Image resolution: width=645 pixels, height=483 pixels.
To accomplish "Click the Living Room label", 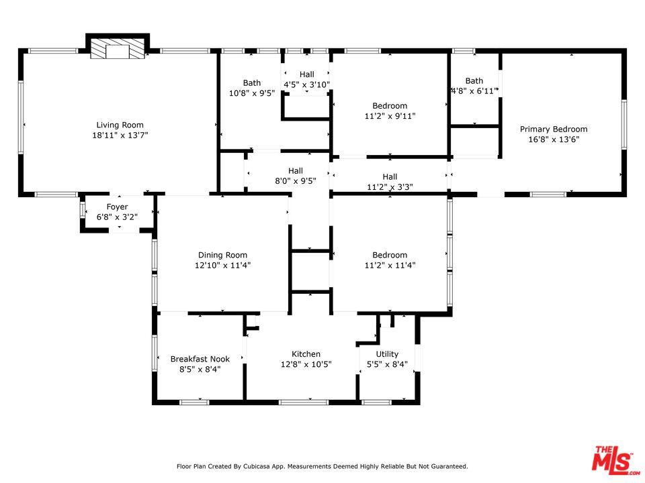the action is click(120, 125).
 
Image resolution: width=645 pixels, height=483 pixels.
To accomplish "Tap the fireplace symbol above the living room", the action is click(118, 49).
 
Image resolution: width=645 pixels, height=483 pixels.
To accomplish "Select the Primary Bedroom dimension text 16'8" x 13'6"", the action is click(554, 140).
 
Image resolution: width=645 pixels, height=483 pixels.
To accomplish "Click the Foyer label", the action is click(117, 207).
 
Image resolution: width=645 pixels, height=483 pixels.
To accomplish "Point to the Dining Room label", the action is click(222, 255).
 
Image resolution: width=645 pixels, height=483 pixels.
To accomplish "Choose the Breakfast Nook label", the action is click(200, 359).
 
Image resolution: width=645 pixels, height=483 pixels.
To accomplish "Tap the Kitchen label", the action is click(306, 354).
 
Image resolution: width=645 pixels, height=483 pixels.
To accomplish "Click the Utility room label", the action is click(387, 354).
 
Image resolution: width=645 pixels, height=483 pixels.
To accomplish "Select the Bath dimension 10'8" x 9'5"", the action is click(252, 93).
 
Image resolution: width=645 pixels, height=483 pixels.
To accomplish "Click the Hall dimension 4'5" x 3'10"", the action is click(307, 85).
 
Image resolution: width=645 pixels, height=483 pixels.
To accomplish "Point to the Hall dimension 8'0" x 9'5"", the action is click(296, 180).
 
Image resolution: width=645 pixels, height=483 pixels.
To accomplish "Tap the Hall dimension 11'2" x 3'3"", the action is click(390, 187).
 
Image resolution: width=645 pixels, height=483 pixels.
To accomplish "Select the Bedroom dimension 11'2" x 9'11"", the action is click(390, 116).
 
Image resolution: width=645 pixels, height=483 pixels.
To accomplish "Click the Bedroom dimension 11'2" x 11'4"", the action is click(390, 265).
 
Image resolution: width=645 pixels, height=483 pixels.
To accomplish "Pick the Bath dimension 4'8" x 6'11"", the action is click(474, 91).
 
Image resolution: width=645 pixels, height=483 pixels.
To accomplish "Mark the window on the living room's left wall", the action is click(21, 117).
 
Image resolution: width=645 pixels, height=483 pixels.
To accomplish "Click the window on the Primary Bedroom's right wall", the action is click(624, 124).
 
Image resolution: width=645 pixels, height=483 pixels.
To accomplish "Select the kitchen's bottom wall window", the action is click(304, 402).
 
